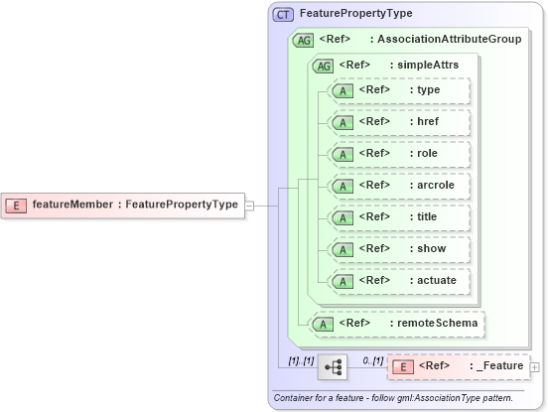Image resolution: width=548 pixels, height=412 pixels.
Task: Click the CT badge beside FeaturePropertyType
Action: [283, 14]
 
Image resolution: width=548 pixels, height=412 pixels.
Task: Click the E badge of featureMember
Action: [17, 206]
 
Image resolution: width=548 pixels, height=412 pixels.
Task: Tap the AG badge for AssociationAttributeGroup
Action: [302, 40]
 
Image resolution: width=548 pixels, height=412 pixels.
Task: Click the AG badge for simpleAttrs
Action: [323, 66]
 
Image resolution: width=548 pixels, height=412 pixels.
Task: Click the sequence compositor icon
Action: [333, 367]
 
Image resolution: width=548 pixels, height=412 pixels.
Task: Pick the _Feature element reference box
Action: [458, 366]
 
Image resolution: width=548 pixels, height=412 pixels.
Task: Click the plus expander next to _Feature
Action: [535, 367]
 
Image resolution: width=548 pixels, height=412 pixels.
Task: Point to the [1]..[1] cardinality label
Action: [301, 360]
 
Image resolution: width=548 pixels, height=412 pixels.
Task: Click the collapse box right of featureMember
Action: [250, 206]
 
